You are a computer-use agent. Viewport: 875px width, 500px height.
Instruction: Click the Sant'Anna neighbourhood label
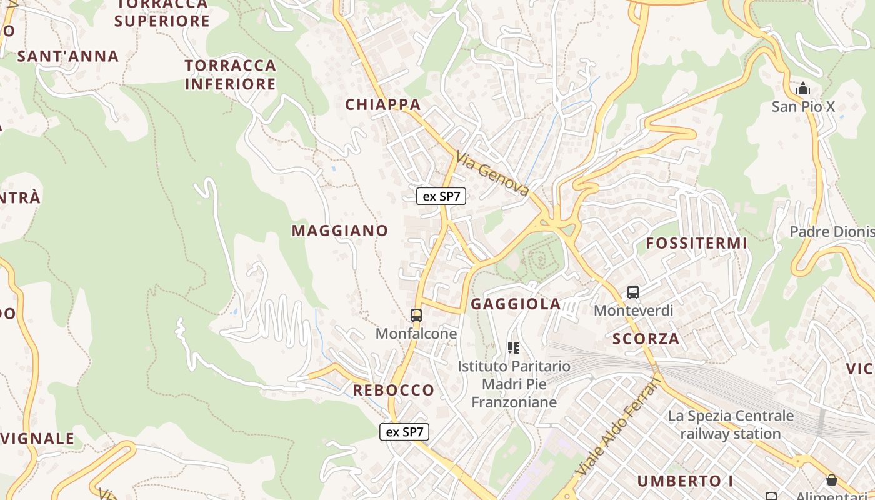click(68, 56)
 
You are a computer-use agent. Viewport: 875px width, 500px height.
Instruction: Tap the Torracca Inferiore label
click(231, 74)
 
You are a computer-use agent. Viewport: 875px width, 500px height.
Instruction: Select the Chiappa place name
click(383, 104)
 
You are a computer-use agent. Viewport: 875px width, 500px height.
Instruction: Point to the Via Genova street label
click(493, 174)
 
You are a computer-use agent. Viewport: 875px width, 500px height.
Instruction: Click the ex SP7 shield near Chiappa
click(442, 196)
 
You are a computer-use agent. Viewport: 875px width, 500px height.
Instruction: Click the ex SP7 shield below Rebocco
click(404, 432)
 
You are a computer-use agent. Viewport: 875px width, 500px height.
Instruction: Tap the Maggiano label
click(340, 231)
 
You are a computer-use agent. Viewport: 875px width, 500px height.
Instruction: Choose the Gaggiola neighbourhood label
click(516, 304)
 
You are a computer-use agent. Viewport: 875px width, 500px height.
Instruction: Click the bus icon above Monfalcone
click(416, 316)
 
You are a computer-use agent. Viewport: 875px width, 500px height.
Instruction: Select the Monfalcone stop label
click(416, 334)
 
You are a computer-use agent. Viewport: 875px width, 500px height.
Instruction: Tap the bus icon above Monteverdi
click(633, 292)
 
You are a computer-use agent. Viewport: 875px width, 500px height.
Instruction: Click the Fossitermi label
click(696, 243)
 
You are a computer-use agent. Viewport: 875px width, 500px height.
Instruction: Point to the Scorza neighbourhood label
click(646, 339)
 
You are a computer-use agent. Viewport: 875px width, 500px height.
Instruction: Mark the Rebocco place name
click(394, 390)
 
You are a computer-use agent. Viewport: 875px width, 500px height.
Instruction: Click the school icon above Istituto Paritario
click(514, 348)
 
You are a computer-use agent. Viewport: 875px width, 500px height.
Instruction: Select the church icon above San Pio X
click(803, 89)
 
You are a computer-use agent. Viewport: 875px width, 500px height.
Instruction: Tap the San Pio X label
click(803, 106)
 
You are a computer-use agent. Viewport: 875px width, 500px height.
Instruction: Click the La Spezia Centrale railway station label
click(731, 424)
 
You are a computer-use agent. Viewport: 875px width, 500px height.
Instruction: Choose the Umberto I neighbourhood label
click(685, 481)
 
